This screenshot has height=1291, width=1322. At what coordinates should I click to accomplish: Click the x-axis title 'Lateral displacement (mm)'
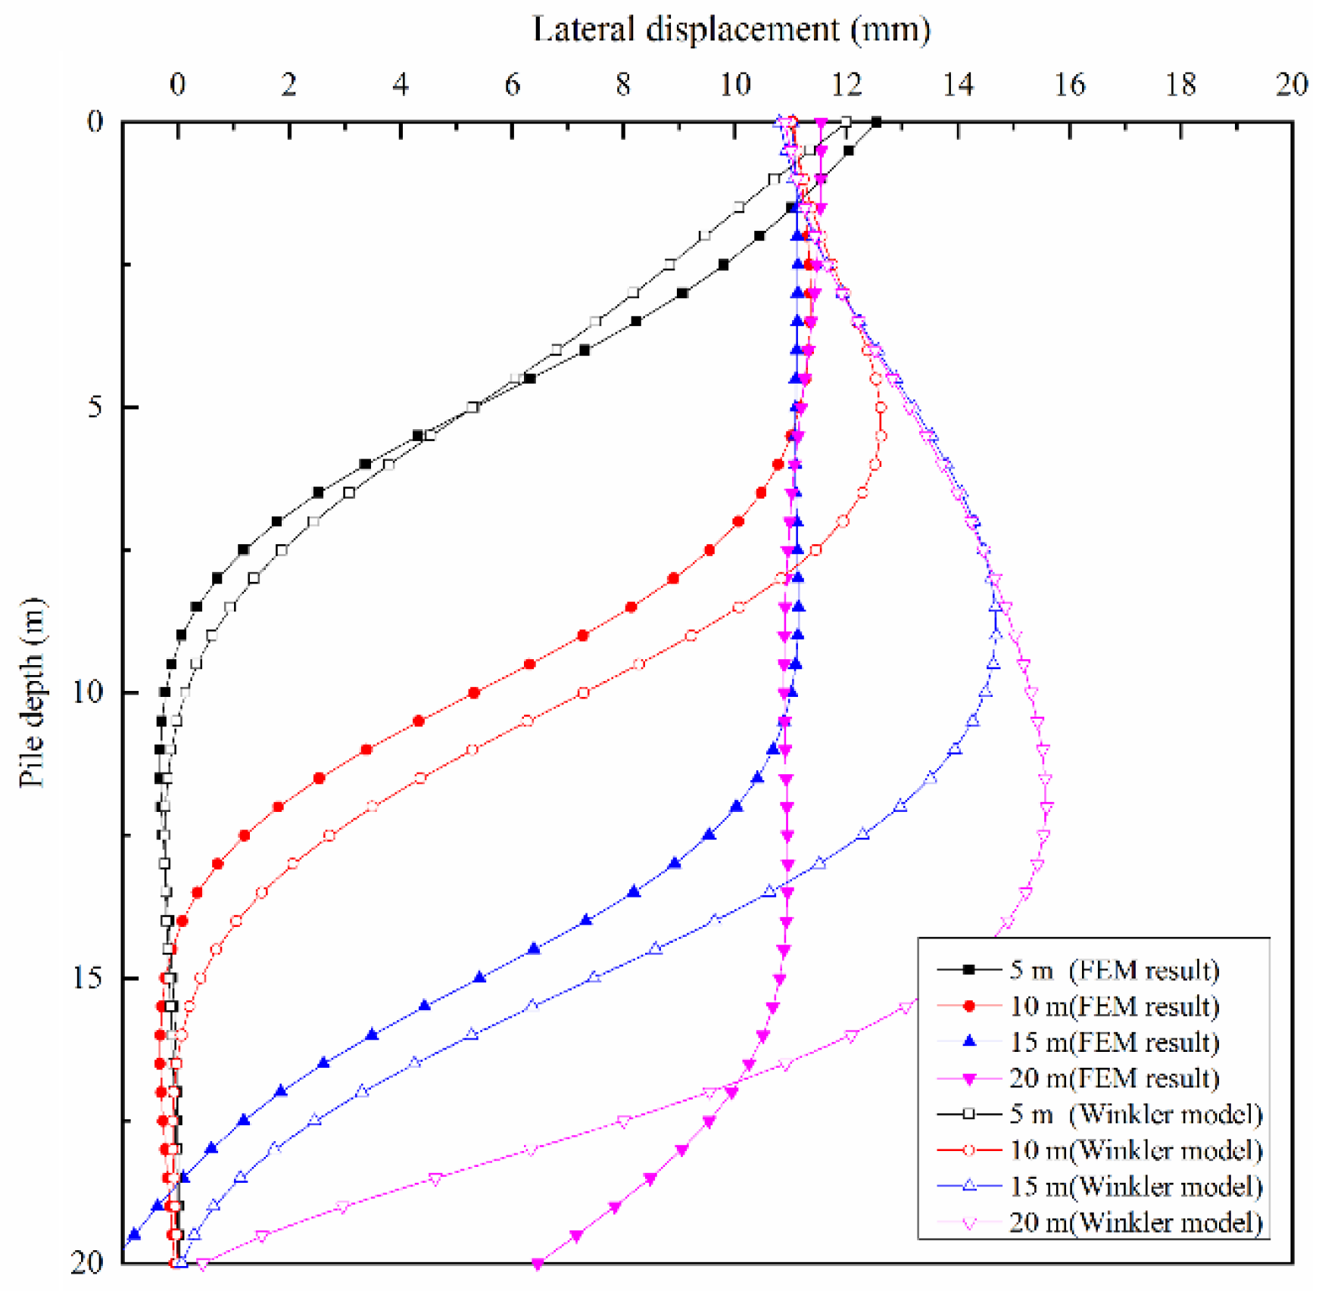click(x=731, y=30)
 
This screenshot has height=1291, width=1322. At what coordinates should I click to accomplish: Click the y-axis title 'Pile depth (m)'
click(x=32, y=692)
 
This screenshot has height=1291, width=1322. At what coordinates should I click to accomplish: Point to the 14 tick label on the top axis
click(x=958, y=85)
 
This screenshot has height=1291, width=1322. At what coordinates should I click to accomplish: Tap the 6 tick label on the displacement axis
click(x=512, y=85)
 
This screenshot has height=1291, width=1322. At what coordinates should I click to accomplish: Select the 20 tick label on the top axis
click(x=1292, y=85)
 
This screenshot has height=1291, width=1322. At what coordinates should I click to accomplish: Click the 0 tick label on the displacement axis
click(x=177, y=85)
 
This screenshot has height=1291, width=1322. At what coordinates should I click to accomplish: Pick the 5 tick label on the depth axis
click(x=95, y=407)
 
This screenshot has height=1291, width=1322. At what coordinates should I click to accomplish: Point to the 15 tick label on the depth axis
click(x=87, y=978)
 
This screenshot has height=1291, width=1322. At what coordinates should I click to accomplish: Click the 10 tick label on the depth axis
click(x=87, y=692)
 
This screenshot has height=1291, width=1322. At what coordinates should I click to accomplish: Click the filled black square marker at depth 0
click(x=876, y=122)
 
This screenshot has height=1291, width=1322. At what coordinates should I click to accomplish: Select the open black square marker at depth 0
click(x=847, y=122)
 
